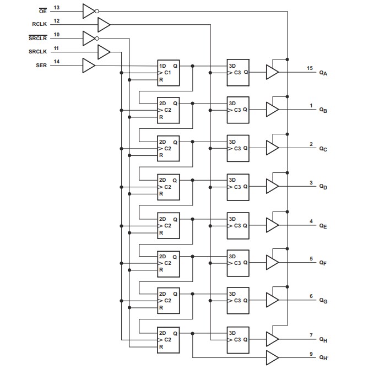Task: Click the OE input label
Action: pyautogui.click(x=42, y=10)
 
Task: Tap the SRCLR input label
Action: pyautogui.click(x=37, y=38)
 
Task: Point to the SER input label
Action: pyautogui.click(x=41, y=66)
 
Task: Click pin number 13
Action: pyautogui.click(x=57, y=7)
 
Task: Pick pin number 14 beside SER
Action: pyautogui.click(x=57, y=61)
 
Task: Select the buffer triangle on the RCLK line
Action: pyautogui.click(x=104, y=24)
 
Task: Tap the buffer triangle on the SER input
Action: pyautogui.click(x=88, y=66)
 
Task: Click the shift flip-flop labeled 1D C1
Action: pyautogui.click(x=169, y=73)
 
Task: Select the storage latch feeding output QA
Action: pyautogui.click(x=238, y=73)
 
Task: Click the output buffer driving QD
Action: pyautogui.click(x=272, y=187)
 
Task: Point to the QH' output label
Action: pyautogui.click(x=323, y=358)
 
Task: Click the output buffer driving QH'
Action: pyautogui.click(x=272, y=357)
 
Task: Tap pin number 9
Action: pyautogui.click(x=311, y=353)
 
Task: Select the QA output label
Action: pyautogui.click(x=323, y=73)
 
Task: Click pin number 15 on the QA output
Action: pyautogui.click(x=310, y=68)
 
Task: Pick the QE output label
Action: pyautogui.click(x=323, y=225)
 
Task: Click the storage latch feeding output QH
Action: pyautogui.click(x=238, y=339)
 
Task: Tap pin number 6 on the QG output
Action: pyautogui.click(x=311, y=296)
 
